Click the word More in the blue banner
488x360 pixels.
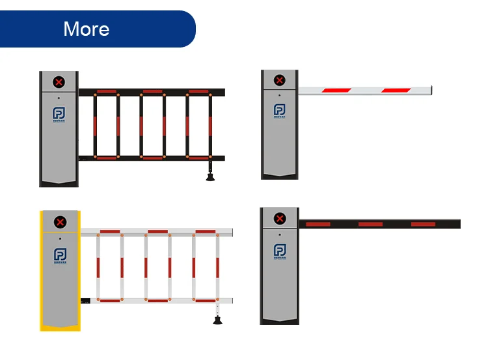click(x=87, y=29)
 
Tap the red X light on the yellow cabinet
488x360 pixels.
click(x=60, y=223)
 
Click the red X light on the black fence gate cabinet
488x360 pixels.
click(x=59, y=82)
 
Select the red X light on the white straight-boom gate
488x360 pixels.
click(x=280, y=80)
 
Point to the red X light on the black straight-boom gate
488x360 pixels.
click(x=280, y=219)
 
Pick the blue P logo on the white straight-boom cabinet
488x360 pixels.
click(x=280, y=111)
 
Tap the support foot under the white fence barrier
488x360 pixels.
click(x=217, y=318)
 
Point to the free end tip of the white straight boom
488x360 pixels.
click(x=430, y=89)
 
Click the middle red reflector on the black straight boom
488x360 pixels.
click(x=370, y=224)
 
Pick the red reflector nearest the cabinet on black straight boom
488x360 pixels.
click(x=318, y=224)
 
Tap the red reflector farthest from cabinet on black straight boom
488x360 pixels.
click(x=423, y=224)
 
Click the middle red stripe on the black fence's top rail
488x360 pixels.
click(x=153, y=91)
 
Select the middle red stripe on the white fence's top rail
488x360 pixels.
click(x=157, y=231)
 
